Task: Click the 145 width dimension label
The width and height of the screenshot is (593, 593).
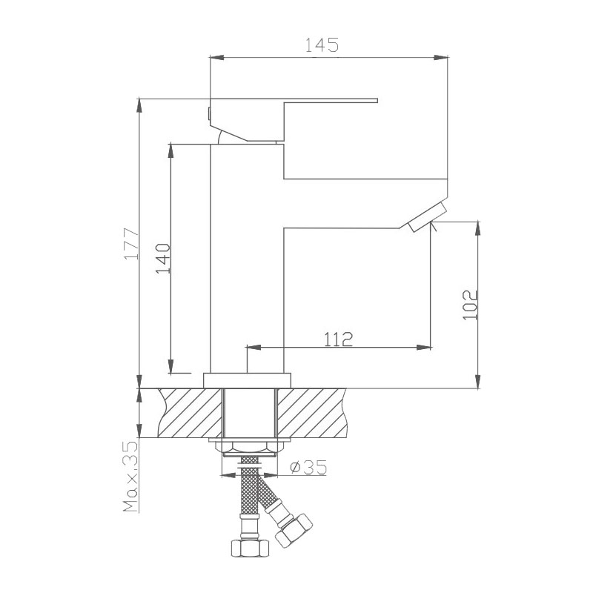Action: (x=322, y=45)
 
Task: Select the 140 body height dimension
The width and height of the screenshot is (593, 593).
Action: (x=163, y=259)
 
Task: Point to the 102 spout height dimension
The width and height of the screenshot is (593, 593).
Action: (x=470, y=305)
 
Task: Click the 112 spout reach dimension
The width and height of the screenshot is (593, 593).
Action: (x=338, y=339)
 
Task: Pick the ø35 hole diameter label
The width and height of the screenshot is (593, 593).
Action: (x=308, y=468)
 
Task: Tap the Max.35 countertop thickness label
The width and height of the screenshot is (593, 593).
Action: (x=130, y=477)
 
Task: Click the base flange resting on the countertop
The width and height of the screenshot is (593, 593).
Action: (x=248, y=380)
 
